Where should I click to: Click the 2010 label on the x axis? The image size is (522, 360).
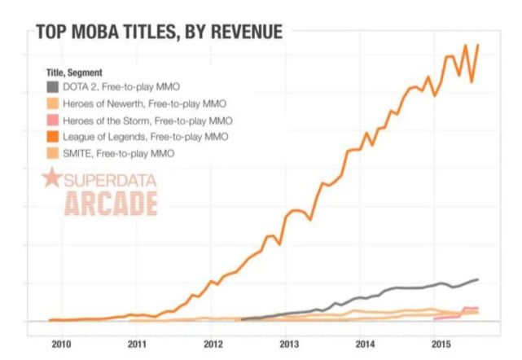[x=62, y=344]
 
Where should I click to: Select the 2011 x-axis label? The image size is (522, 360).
[x=138, y=344]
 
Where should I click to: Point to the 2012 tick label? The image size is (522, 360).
[x=213, y=344]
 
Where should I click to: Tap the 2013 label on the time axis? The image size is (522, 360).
[x=289, y=344]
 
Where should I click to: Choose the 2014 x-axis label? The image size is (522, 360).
[x=365, y=344]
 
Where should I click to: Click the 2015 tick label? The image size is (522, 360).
[x=441, y=344]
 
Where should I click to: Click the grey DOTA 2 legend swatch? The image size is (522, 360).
[x=53, y=86]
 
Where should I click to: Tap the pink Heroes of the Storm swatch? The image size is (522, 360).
[x=53, y=120]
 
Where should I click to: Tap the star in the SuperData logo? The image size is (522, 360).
[x=51, y=179]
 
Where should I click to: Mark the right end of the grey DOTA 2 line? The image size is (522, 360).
[x=477, y=279]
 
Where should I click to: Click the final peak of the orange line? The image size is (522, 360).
[x=477, y=45]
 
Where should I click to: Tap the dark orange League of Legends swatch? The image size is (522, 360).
[x=53, y=136]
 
